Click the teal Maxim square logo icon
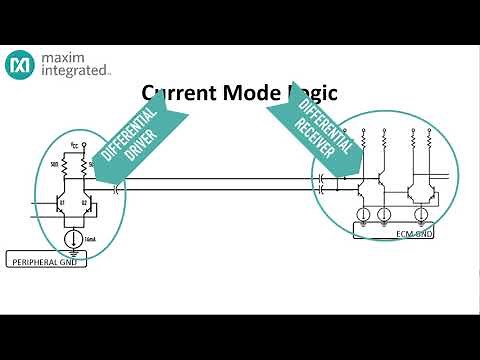pos(20,67)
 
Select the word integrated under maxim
pos(74,73)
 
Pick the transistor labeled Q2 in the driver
pos(89,206)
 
